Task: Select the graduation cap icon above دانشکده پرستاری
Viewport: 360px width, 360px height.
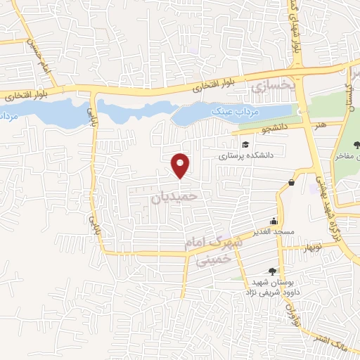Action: point(245,144)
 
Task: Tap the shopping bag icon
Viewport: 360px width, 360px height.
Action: point(291,183)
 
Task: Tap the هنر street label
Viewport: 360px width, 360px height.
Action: point(323,125)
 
